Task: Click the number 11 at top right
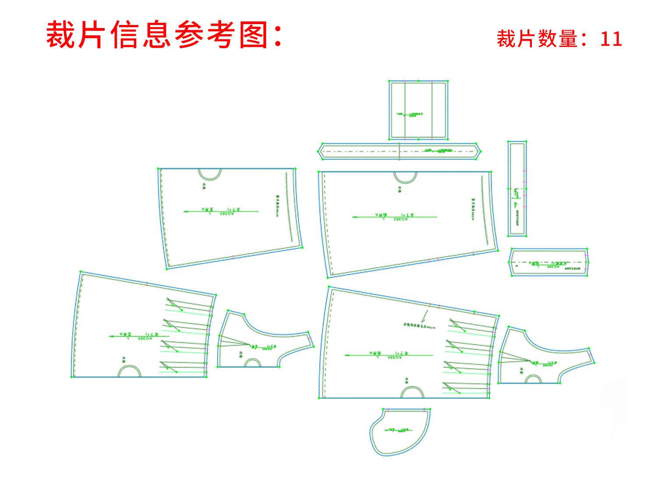(611, 39)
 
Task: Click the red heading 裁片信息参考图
(164, 35)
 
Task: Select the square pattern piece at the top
(418, 110)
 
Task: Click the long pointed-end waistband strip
(399, 151)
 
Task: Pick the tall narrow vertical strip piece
(517, 188)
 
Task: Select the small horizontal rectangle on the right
(549, 262)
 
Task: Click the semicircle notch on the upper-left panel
(209, 174)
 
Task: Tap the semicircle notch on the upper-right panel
(405, 177)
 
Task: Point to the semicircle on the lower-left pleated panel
(130, 372)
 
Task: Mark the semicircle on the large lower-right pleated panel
(412, 393)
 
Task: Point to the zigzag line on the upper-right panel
(485, 210)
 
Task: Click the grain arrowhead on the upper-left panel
(186, 212)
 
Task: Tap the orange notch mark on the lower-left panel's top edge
(147, 284)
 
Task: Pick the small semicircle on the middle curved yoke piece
(253, 363)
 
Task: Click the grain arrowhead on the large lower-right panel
(347, 355)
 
